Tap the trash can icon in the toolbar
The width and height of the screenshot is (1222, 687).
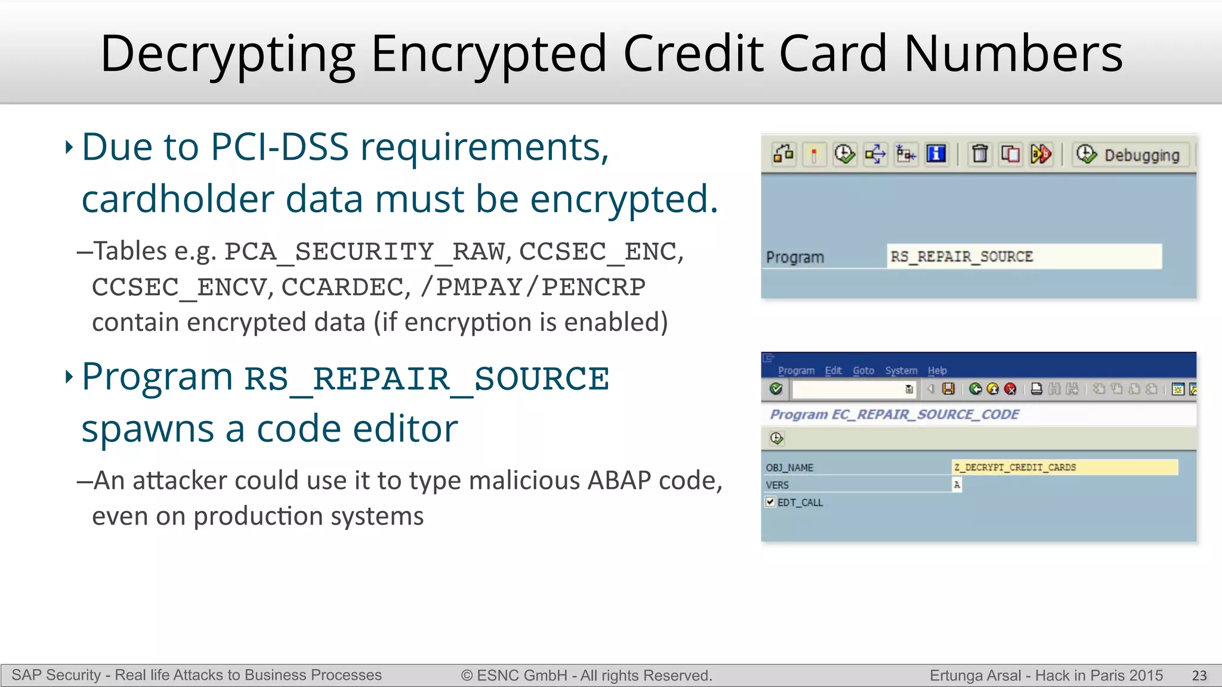coord(979,154)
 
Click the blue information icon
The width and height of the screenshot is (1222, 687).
coord(936,154)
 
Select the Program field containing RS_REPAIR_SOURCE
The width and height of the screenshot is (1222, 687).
coord(1023,256)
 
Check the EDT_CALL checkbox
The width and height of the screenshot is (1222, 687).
coord(770,502)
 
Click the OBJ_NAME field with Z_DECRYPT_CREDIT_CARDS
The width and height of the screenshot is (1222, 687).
coord(1064,468)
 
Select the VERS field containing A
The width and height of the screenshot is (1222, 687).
coord(956,485)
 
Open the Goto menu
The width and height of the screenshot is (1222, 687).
coord(863,370)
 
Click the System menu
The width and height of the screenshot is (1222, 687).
coord(901,370)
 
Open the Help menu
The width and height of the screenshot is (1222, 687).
coord(937,370)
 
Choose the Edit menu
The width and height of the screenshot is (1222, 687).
coord(833,370)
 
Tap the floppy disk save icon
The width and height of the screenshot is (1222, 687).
coord(948,389)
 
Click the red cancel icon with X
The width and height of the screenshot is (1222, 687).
coord(1010,389)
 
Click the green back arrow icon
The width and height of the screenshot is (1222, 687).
coord(976,389)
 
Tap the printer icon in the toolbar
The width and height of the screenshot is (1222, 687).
coord(1036,389)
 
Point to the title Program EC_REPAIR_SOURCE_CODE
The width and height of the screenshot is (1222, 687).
coord(894,414)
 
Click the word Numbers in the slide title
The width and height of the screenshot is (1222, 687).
coord(1013,54)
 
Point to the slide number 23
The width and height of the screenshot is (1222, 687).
coord(1199,675)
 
